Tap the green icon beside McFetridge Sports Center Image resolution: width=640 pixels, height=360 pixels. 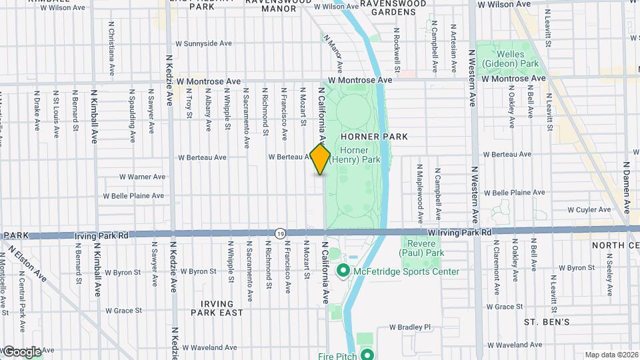click(343, 271)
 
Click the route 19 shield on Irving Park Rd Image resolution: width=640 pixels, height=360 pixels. click(281, 233)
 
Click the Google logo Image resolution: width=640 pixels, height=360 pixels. click(22, 351)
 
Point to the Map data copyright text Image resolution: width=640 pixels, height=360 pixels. click(611, 355)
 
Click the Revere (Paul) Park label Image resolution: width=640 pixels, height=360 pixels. click(421, 248)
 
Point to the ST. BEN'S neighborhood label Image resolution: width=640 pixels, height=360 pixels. click(546, 322)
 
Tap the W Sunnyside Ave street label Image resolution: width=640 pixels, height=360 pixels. click(203, 43)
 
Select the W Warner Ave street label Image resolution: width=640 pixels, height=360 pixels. click(142, 177)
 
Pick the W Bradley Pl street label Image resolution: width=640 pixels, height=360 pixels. click(410, 327)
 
